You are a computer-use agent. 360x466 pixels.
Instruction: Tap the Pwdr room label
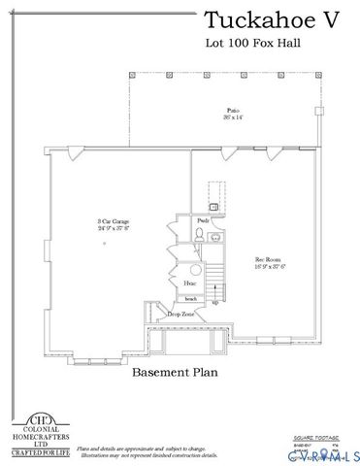pyautogui.click(x=203, y=221)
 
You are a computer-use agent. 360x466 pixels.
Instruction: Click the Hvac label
pyautogui.click(x=192, y=283)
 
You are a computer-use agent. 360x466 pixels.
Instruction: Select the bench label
pyautogui.click(x=192, y=298)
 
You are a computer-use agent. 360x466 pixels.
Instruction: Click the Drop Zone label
pyautogui.click(x=180, y=315)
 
